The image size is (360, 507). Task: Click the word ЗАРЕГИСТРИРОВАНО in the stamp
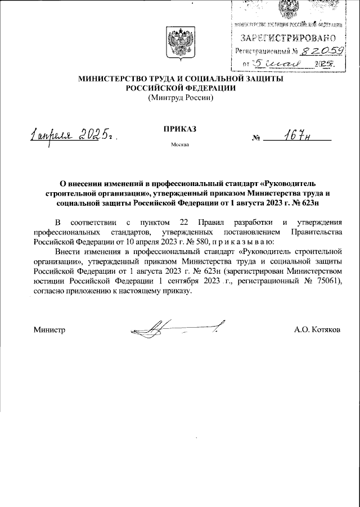pyautogui.click(x=289, y=38)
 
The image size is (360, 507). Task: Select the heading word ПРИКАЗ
pyautogui.click(x=180, y=129)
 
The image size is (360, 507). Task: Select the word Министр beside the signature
pyautogui.click(x=49, y=330)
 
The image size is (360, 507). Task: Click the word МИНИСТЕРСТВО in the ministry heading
pyautogui.click(x=110, y=79)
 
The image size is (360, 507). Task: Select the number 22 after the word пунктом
pyautogui.click(x=184, y=221)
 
